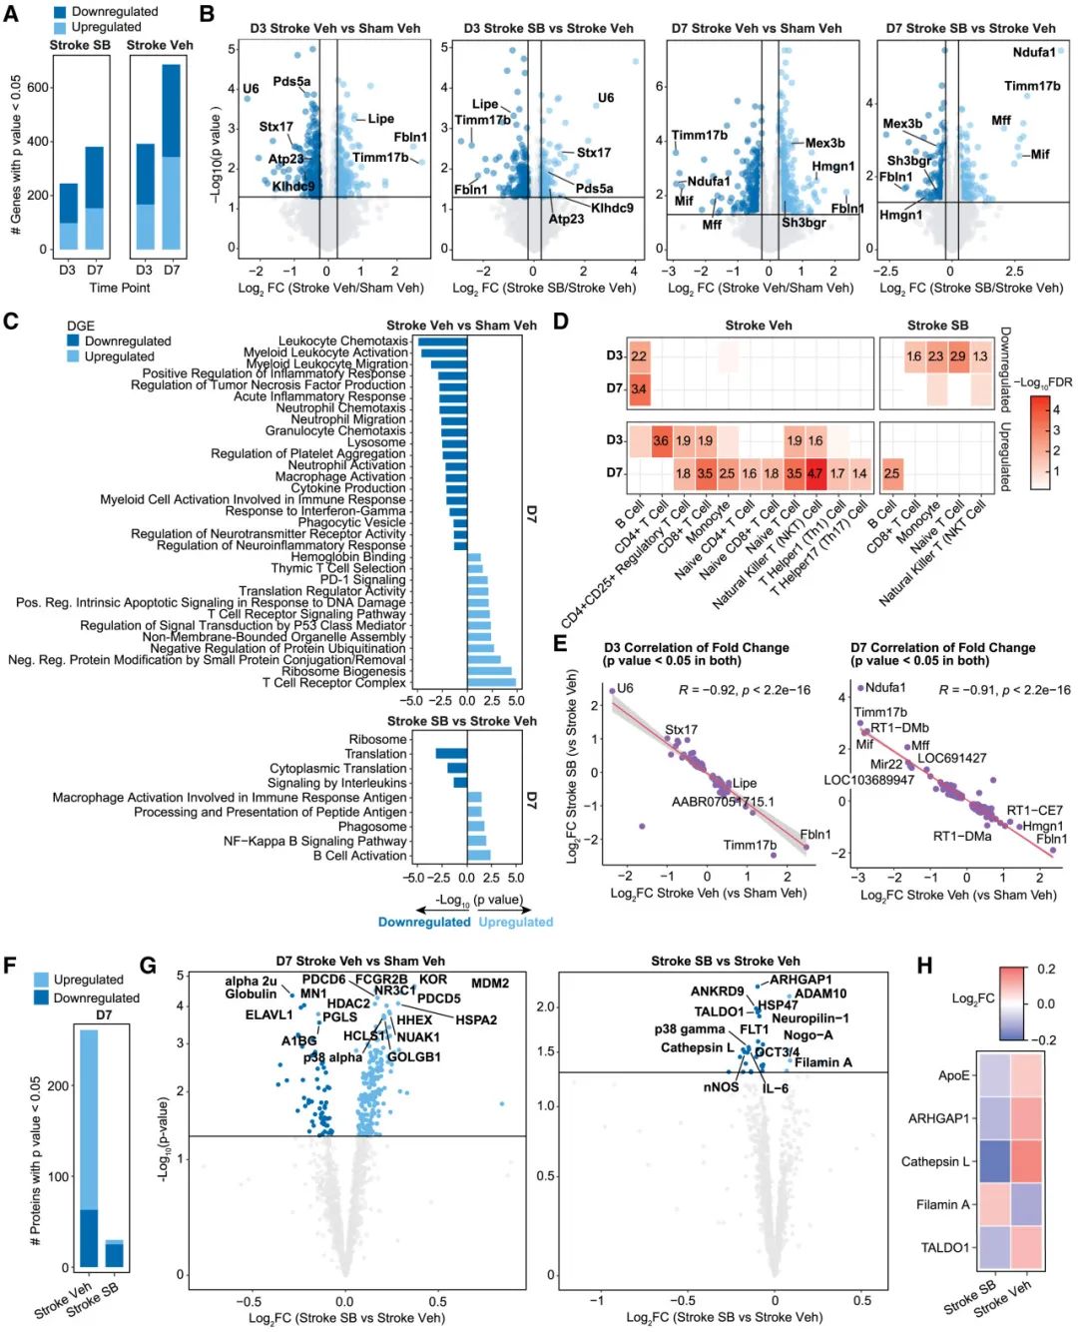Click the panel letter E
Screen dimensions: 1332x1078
click(560, 644)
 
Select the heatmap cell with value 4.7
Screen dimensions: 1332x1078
click(814, 473)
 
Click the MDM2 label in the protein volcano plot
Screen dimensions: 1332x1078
click(489, 984)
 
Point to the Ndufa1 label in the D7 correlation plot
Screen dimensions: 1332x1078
click(885, 687)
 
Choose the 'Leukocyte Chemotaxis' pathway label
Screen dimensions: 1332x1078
click(342, 341)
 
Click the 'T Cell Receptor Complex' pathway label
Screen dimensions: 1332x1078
click(333, 683)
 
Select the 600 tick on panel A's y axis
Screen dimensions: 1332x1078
click(38, 88)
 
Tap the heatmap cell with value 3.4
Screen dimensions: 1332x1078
click(639, 388)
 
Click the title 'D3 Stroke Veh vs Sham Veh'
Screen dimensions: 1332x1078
click(334, 29)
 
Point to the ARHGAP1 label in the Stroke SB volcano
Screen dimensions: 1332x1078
click(801, 981)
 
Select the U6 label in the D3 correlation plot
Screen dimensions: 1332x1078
click(625, 688)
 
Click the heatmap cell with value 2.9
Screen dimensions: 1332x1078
click(957, 356)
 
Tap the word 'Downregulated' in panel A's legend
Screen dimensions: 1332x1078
click(115, 12)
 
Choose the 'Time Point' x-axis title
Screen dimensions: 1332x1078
click(120, 288)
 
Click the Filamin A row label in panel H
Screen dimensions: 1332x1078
click(942, 1204)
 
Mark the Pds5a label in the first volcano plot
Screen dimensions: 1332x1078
click(291, 82)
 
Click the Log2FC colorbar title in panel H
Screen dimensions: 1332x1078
click(972, 999)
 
